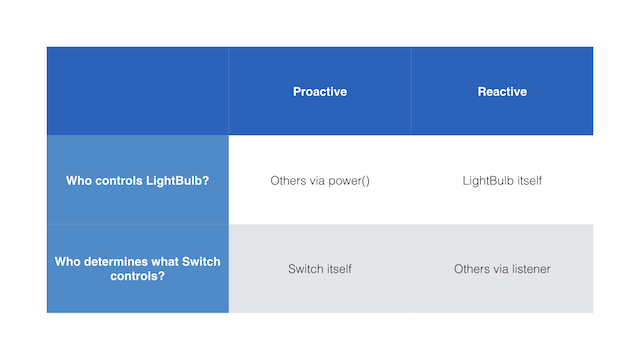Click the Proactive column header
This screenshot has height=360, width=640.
pyautogui.click(x=320, y=91)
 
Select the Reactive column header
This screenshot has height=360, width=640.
pyautogui.click(x=502, y=91)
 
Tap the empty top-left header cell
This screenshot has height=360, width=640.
pyautogui.click(x=138, y=91)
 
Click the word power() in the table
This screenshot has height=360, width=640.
pyautogui.click(x=349, y=181)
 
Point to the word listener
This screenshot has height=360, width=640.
pyautogui.click(x=531, y=269)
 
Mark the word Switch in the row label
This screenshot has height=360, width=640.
pyautogui.click(x=201, y=262)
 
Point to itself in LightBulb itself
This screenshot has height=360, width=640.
pyautogui.click(x=530, y=181)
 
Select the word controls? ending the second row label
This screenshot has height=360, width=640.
pyautogui.click(x=138, y=276)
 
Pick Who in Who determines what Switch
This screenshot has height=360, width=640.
pyautogui.click(x=64, y=262)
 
